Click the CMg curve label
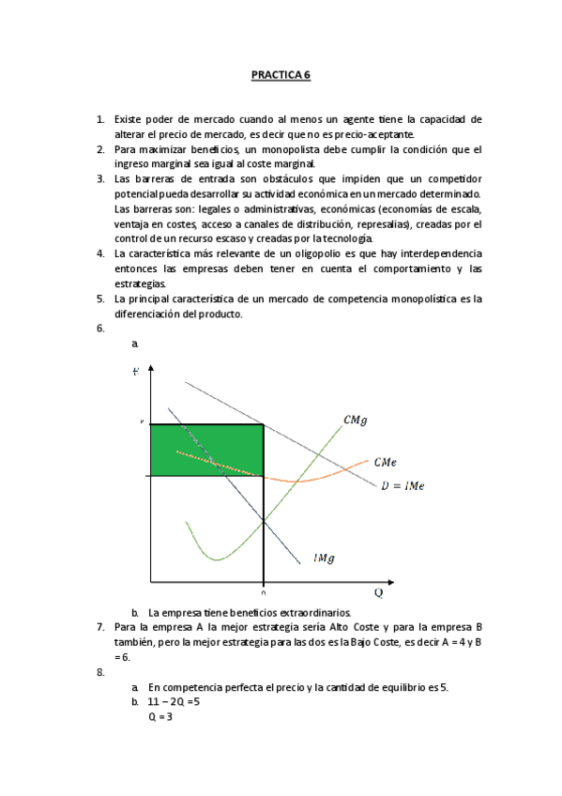pos(355,421)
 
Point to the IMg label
pos(325,558)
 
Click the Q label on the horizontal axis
pos(379,592)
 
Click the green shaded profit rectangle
pos(205,450)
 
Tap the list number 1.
pos(100,119)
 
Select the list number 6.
pos(100,329)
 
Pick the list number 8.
pos(100,672)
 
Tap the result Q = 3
pos(159,716)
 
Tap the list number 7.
pos(100,626)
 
